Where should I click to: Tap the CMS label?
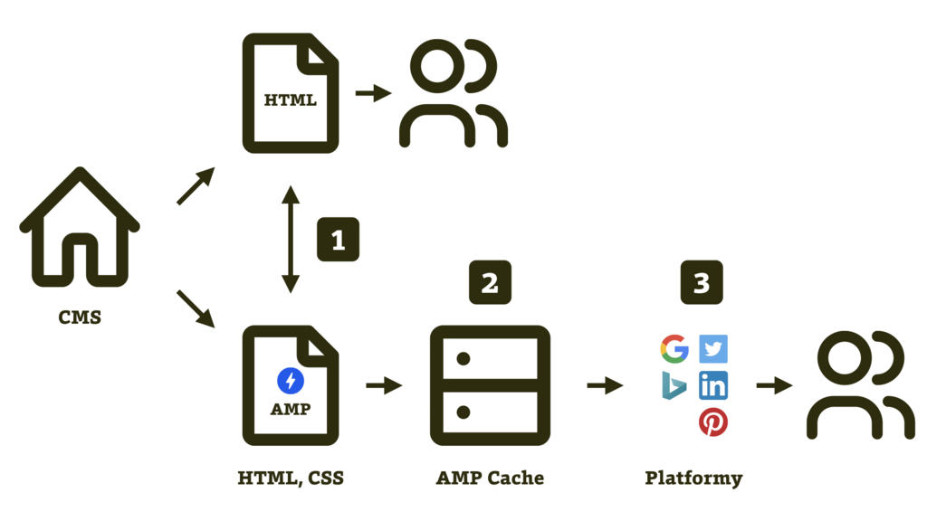click(x=80, y=317)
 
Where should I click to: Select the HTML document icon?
click(x=291, y=93)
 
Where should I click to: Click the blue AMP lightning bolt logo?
click(x=291, y=381)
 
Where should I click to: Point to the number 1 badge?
click(x=338, y=240)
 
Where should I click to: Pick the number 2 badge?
click(x=490, y=282)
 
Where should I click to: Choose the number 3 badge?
click(x=702, y=282)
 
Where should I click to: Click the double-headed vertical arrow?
click(x=291, y=240)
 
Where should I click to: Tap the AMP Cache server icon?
click(x=490, y=385)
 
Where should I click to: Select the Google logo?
click(x=674, y=348)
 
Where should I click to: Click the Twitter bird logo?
click(x=713, y=348)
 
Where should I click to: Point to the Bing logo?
click(x=674, y=386)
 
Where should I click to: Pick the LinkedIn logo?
click(x=713, y=386)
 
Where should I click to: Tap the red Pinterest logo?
click(x=713, y=422)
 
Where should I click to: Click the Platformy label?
click(x=693, y=478)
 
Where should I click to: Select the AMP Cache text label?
click(x=490, y=478)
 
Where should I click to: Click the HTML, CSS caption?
click(x=291, y=478)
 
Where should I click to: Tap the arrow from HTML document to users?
click(x=372, y=93)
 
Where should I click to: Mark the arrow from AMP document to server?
click(x=384, y=386)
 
